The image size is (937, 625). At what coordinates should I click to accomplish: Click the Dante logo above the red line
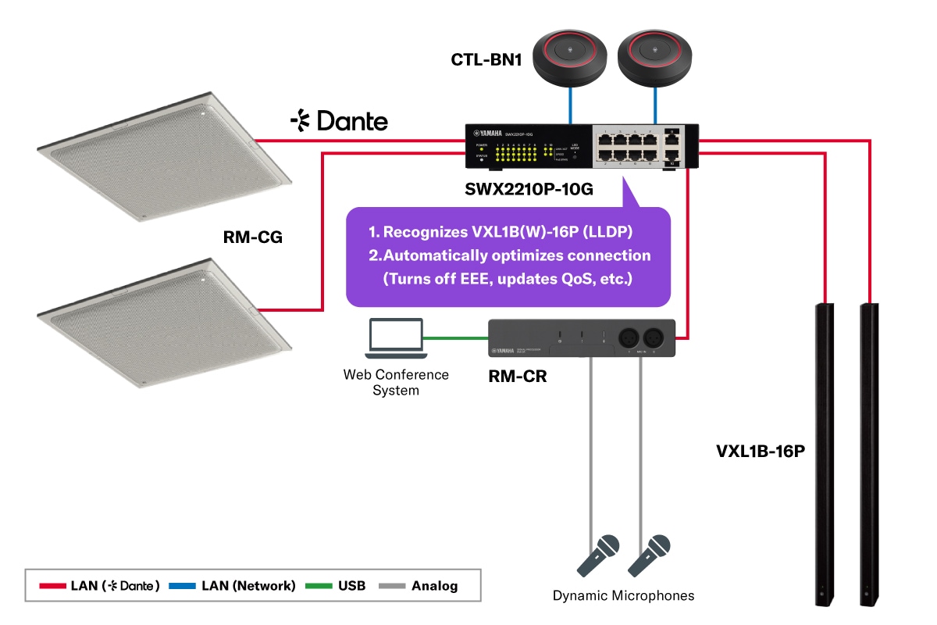339,121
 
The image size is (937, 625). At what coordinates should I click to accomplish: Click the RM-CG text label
252,237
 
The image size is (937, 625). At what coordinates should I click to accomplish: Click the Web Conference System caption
396,382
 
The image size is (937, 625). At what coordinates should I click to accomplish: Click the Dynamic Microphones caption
623,596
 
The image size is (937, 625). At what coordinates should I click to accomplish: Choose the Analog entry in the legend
434,585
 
